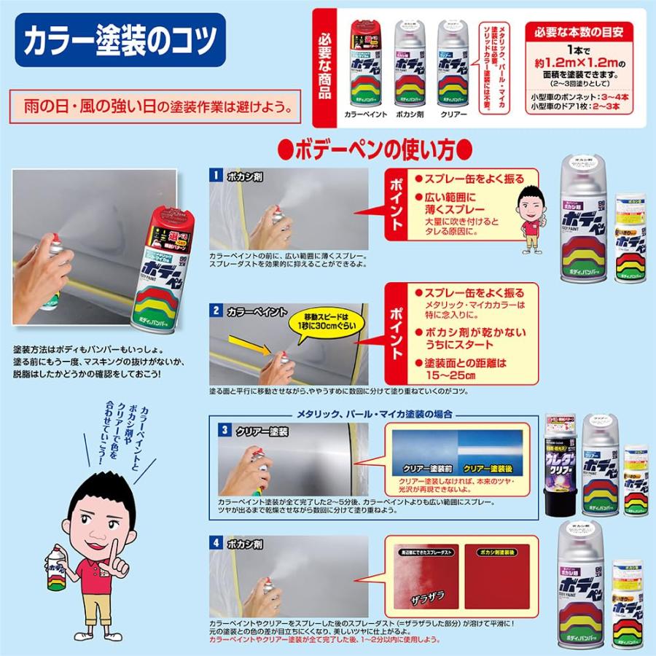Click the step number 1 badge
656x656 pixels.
(x=216, y=174)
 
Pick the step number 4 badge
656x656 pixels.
(x=216, y=542)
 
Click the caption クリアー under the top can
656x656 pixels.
(x=453, y=115)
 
